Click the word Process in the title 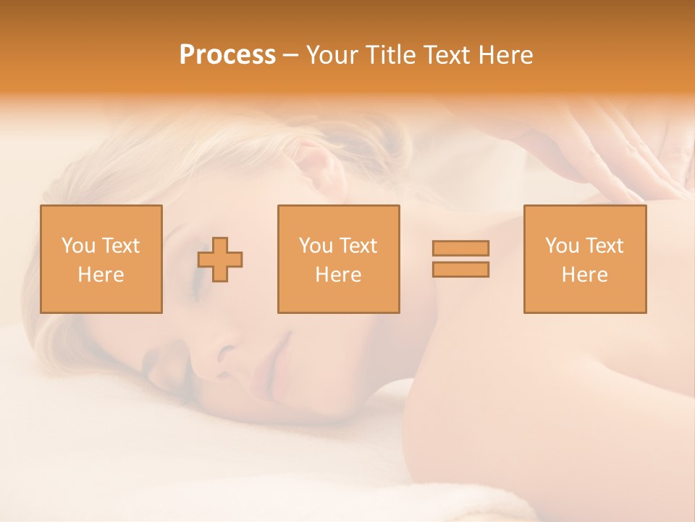click(227, 55)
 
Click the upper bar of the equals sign click(460, 249)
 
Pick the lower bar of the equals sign click(460, 269)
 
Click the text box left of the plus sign click(101, 260)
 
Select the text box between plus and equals click(339, 260)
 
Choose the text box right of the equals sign click(585, 260)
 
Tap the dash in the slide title click(290, 55)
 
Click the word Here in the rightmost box click(585, 275)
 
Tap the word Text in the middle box click(359, 246)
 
